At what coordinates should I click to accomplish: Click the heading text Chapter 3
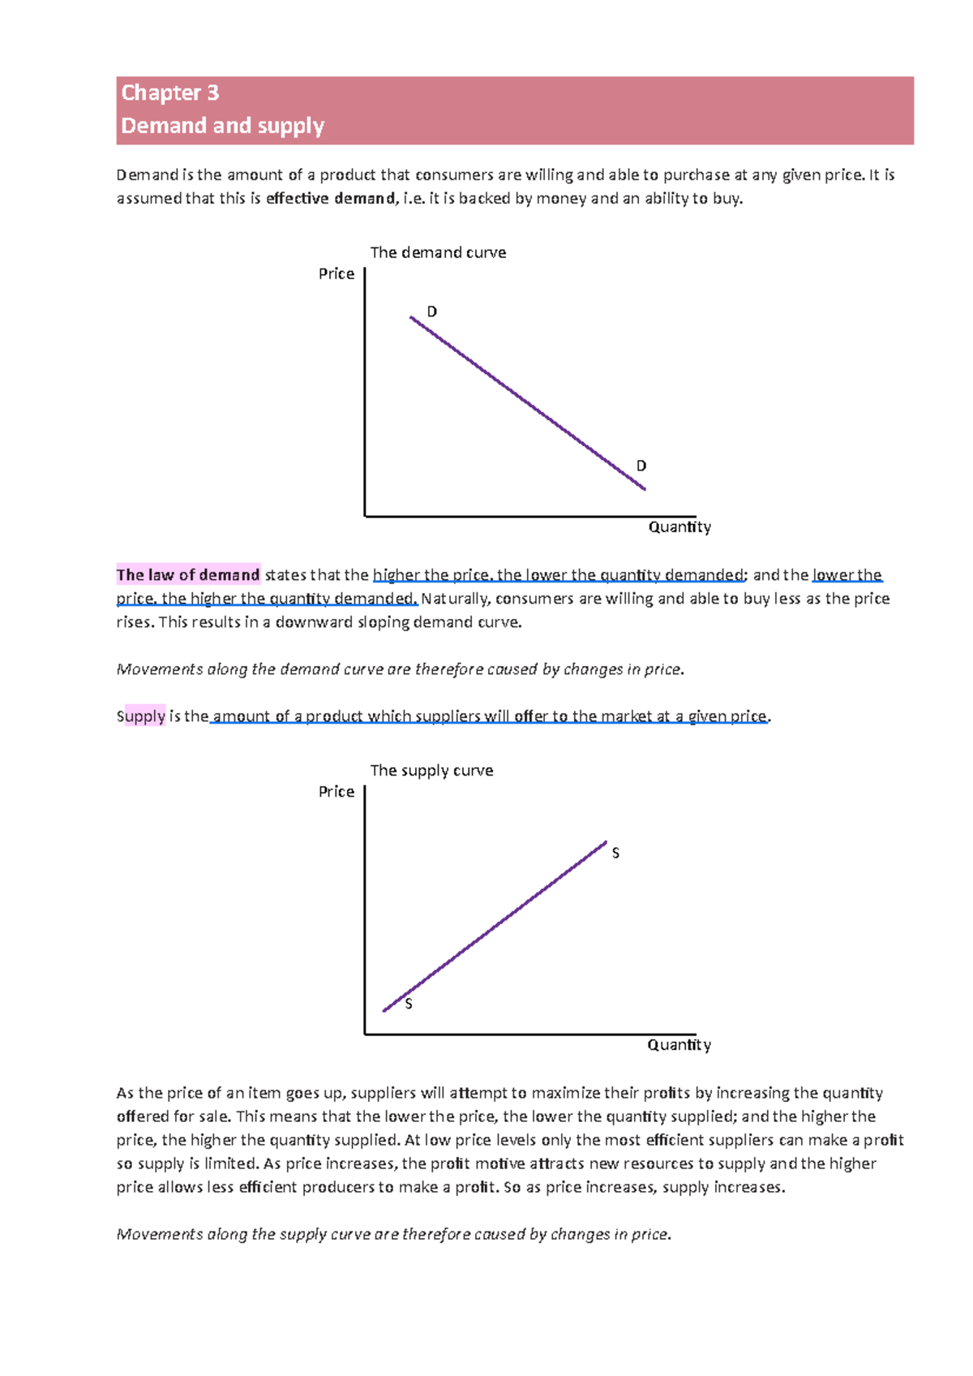click(169, 92)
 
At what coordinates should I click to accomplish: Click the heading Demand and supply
click(222, 126)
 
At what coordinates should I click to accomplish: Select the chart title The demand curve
click(438, 252)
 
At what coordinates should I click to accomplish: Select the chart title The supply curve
click(431, 770)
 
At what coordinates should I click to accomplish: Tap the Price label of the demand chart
click(336, 274)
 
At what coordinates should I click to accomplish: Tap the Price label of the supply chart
click(336, 792)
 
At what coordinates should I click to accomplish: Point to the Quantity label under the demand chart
click(679, 527)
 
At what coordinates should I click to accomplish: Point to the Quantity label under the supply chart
click(679, 1045)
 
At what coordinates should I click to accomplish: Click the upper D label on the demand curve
click(432, 312)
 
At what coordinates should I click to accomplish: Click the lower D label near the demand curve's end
click(641, 466)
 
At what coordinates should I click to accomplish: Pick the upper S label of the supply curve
click(615, 854)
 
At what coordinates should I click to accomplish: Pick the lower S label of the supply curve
click(409, 1004)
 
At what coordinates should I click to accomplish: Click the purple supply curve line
click(495, 927)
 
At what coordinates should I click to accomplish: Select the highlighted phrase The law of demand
click(188, 575)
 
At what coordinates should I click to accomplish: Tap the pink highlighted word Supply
click(141, 716)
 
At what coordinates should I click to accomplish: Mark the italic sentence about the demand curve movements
click(401, 669)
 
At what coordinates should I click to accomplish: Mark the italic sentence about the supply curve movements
click(394, 1234)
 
